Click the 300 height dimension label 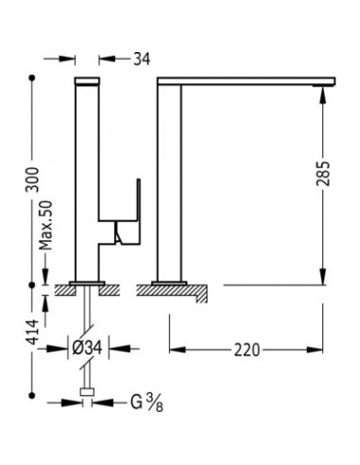pyautogui.click(x=32, y=180)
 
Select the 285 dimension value pyautogui.click(x=323, y=174)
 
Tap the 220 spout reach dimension pyautogui.click(x=247, y=350)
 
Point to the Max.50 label pyautogui.click(x=46, y=226)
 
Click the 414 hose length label pyautogui.click(x=32, y=332)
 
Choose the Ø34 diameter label pyautogui.click(x=87, y=348)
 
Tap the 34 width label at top pyautogui.click(x=142, y=59)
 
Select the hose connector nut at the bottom pyautogui.click(x=87, y=391)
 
